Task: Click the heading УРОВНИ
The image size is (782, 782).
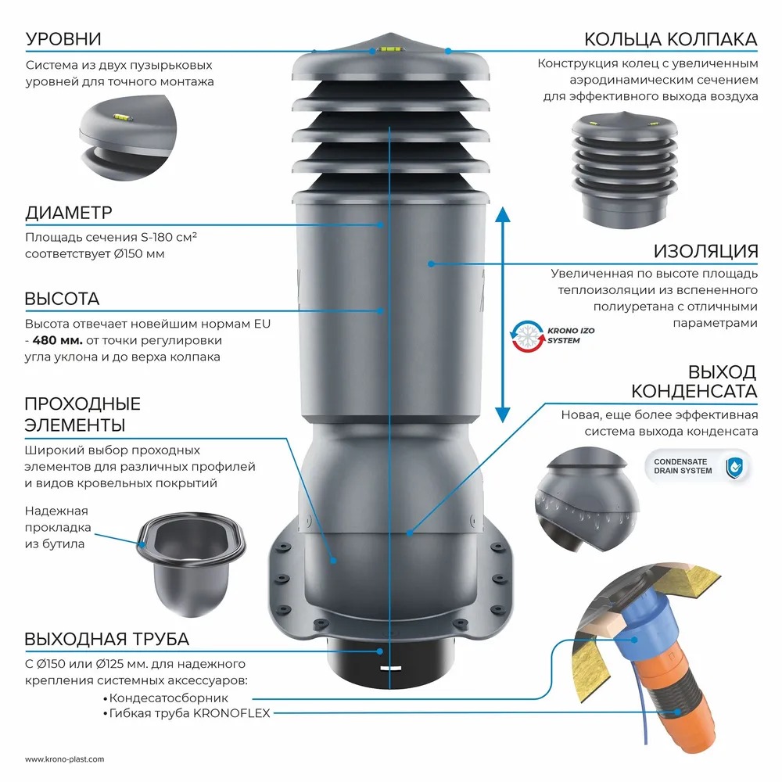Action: click(x=63, y=39)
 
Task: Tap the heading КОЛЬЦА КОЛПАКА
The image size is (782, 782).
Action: click(x=671, y=39)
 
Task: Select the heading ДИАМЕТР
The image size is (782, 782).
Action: click(x=69, y=213)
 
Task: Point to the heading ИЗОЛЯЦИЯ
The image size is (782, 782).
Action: click(x=706, y=251)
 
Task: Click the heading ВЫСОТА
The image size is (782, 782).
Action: click(x=62, y=300)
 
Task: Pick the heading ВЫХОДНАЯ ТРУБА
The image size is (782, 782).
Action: click(x=106, y=639)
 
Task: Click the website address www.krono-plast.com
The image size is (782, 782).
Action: click(x=64, y=759)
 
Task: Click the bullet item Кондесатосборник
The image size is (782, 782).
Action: click(x=169, y=698)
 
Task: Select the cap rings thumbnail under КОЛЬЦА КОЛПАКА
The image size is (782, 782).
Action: click(x=622, y=167)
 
